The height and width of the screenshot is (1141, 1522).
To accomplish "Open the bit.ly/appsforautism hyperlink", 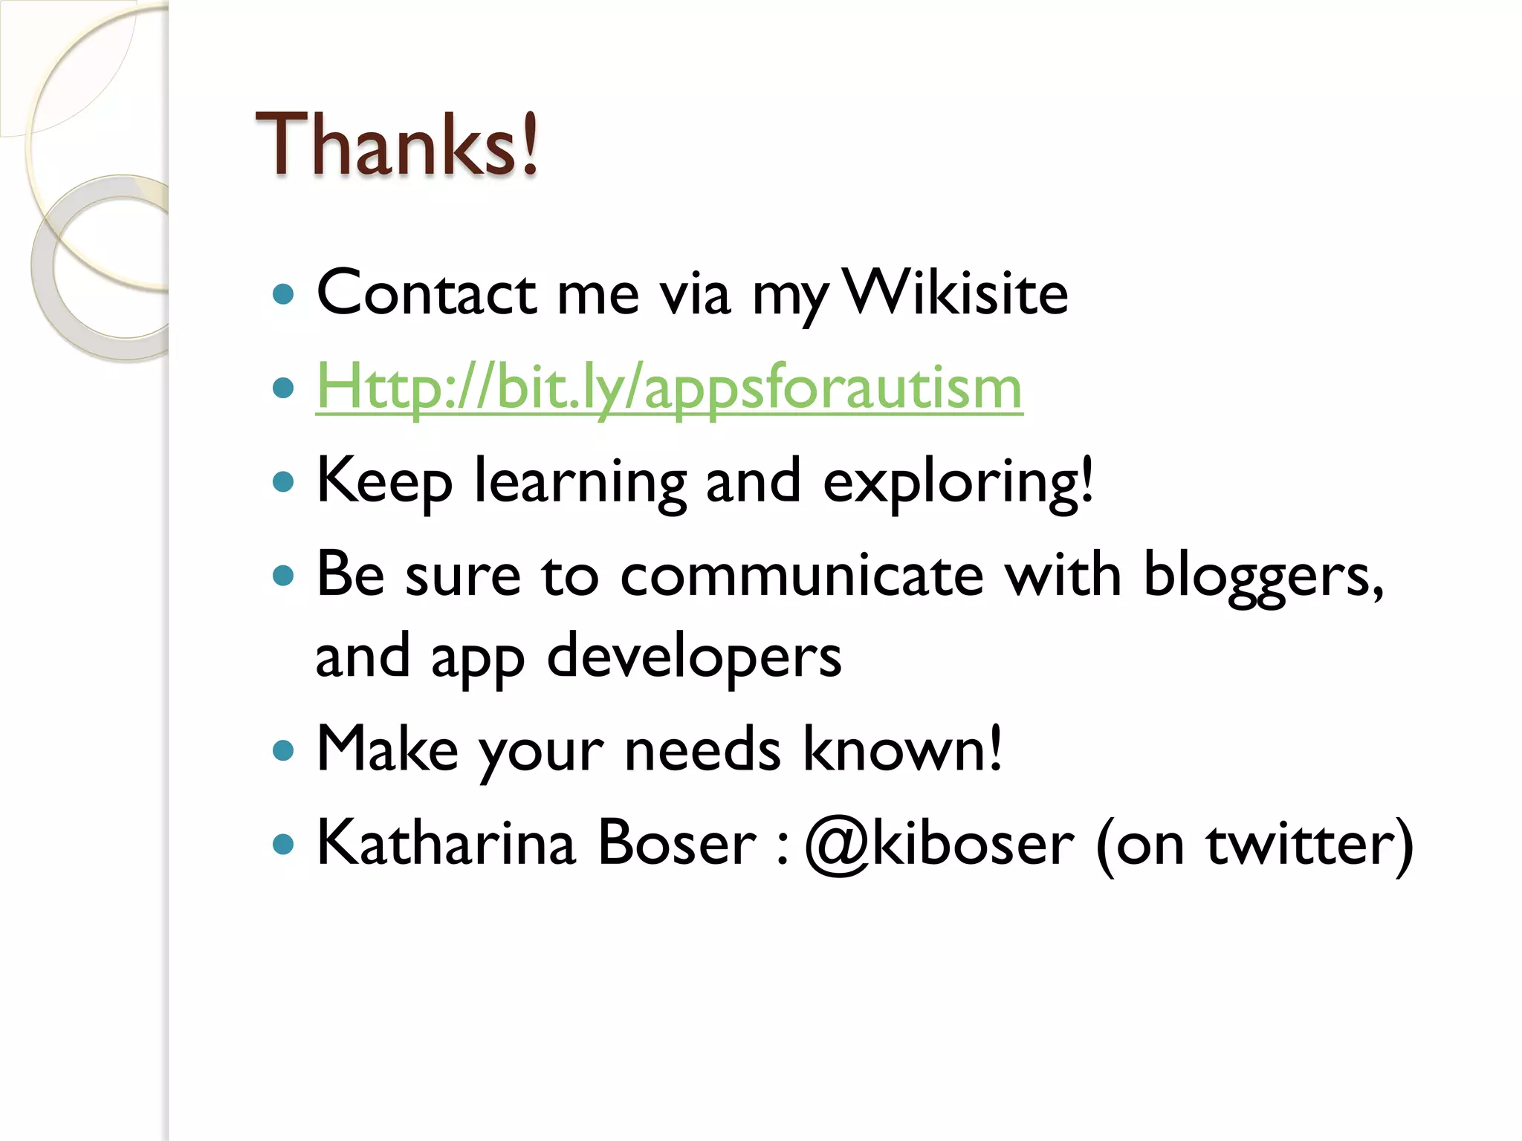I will click(669, 388).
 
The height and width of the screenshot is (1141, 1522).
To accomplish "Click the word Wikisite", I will click(956, 293).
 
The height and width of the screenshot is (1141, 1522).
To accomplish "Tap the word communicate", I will click(802, 576).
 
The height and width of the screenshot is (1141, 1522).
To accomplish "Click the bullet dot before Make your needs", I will click(283, 751).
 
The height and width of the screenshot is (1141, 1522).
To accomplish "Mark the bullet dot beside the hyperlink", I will click(283, 388).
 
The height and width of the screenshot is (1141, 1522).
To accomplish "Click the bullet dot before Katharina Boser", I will click(283, 845).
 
